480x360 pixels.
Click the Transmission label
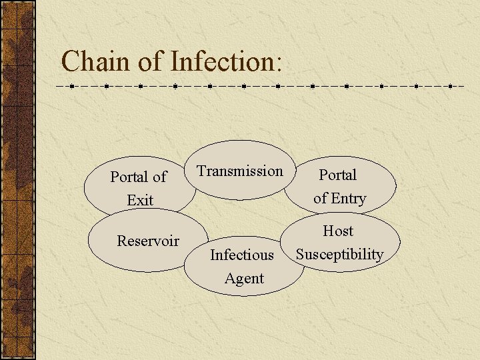[x=240, y=171]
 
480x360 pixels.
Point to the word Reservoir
[x=148, y=241]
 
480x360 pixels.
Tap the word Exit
[x=140, y=200]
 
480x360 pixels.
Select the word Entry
[x=349, y=199]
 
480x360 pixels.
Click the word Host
[x=338, y=231]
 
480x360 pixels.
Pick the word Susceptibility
[x=339, y=255]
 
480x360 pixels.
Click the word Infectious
[x=242, y=255]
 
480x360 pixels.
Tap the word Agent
[x=244, y=279]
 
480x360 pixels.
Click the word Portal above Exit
[x=130, y=177]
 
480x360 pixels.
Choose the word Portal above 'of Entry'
[x=338, y=175]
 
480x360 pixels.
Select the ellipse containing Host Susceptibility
[x=387, y=240]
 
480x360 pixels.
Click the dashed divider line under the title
[x=267, y=86]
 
